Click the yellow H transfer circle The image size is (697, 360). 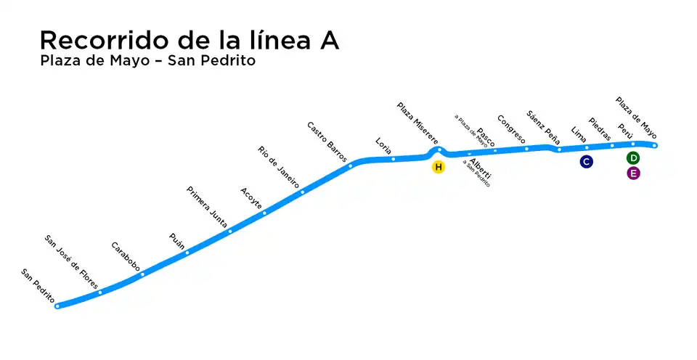438,168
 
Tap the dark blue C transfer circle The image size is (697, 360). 586,162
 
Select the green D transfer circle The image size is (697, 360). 633,158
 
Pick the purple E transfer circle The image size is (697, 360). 633,173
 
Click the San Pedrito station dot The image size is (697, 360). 57,306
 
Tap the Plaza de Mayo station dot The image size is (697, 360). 654,145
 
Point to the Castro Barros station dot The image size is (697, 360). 350,165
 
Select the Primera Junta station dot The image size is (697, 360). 230,231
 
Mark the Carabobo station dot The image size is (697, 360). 142,274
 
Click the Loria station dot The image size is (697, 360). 393,158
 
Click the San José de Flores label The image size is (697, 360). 71,262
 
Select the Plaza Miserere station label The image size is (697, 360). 417,123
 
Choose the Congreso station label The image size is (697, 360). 511,128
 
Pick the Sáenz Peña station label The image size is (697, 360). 543,126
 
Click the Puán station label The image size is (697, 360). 177,240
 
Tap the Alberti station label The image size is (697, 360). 480,168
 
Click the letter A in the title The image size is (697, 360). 328,41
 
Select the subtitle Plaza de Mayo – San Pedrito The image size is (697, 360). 148,61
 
